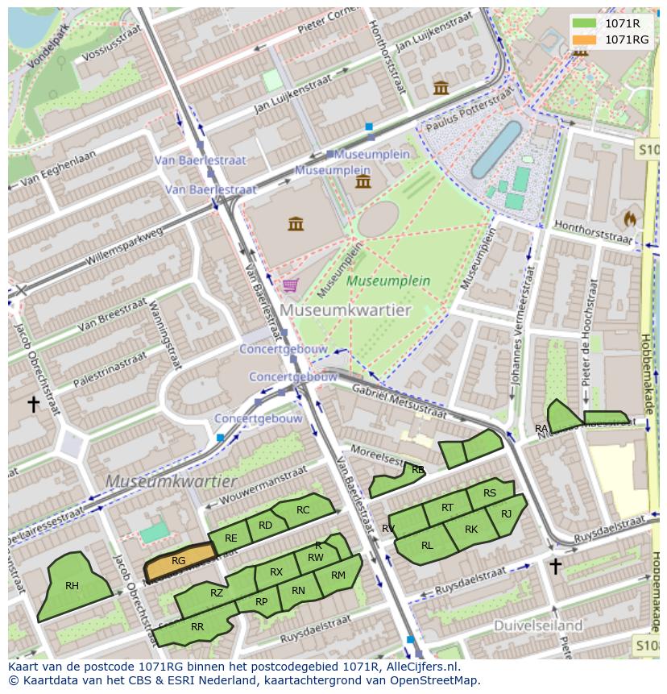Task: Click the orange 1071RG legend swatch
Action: click(585, 39)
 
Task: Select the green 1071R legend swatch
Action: click(585, 23)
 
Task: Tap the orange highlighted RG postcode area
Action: click(179, 562)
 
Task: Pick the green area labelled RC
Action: click(302, 509)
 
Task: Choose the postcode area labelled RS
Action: click(490, 493)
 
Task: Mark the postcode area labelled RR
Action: click(197, 627)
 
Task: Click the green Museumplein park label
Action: click(388, 281)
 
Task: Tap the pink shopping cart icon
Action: click(290, 285)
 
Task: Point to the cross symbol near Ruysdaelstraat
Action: click(555, 566)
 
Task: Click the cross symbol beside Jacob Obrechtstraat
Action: click(33, 403)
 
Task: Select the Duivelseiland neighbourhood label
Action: click(538, 625)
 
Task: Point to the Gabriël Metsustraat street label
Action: click(400, 400)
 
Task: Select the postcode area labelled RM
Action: click(338, 576)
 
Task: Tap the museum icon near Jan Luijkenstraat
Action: click(441, 87)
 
